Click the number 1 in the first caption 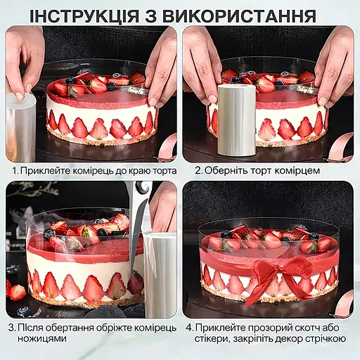click(x=15, y=171)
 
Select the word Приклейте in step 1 click(x=44, y=171)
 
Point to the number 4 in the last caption click(x=189, y=328)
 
